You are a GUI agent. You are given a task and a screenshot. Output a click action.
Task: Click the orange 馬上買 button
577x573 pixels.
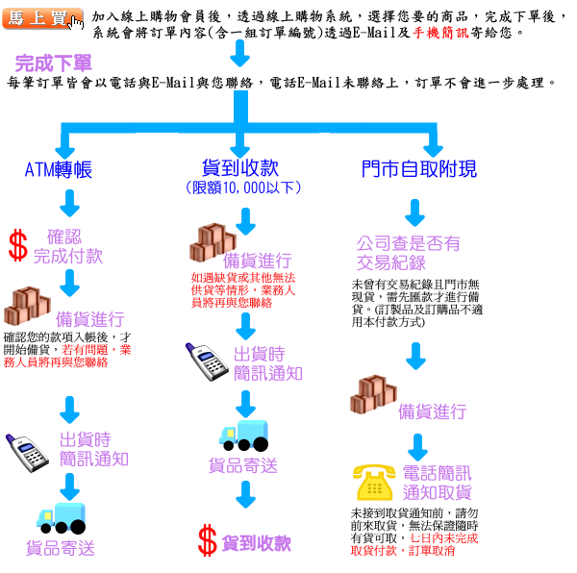(42, 18)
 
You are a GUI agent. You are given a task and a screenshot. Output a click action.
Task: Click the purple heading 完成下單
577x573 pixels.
(53, 63)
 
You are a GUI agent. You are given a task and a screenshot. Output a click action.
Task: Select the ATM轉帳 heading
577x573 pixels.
(58, 170)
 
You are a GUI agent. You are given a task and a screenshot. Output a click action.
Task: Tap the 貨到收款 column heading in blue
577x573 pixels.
(240, 168)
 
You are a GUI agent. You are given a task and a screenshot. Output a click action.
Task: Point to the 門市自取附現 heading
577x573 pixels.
(419, 169)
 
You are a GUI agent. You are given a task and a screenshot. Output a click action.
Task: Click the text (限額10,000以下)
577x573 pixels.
(243, 187)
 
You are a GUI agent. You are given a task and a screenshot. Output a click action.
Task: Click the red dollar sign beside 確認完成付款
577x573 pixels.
(18, 245)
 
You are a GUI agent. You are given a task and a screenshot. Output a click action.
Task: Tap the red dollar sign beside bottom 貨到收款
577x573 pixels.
(207, 540)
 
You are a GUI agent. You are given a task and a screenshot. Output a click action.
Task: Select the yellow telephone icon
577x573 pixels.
(374, 482)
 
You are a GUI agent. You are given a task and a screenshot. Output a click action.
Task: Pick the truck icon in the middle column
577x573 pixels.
(243, 436)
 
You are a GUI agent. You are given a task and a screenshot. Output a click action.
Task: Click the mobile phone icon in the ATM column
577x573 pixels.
(27, 453)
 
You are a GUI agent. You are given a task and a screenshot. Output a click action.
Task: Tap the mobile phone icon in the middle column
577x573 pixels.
(207, 361)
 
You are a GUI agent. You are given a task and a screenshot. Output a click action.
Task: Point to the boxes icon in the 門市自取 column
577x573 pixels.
(373, 394)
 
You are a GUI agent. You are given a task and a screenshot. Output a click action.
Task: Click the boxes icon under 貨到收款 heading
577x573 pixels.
(213, 242)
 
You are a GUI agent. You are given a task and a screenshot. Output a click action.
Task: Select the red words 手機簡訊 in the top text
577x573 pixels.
(440, 33)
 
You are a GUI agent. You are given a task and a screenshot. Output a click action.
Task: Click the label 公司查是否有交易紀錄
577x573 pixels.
(408, 253)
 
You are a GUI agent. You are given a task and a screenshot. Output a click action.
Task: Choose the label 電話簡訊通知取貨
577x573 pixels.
(437, 483)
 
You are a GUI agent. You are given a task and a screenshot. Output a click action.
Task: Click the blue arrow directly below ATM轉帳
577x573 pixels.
(69, 203)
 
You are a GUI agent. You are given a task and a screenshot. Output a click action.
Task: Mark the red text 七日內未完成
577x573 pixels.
(443, 538)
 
